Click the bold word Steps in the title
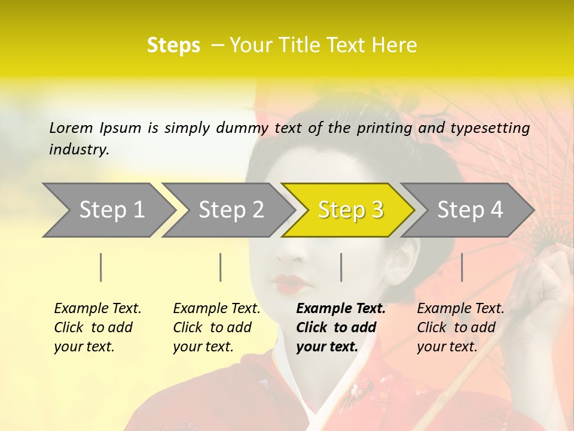click(x=173, y=45)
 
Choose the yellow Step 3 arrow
click(x=349, y=210)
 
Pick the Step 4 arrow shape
click(x=470, y=210)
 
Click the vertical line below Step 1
click(x=101, y=267)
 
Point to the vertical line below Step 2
click(x=221, y=267)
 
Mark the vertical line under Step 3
click(x=341, y=267)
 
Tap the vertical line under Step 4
click(x=462, y=267)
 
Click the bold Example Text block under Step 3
click(x=341, y=327)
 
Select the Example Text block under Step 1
click(x=97, y=327)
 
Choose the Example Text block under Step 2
click(x=216, y=327)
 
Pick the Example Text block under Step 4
click(x=460, y=327)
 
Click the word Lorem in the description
click(x=71, y=128)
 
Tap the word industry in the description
click(x=79, y=150)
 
